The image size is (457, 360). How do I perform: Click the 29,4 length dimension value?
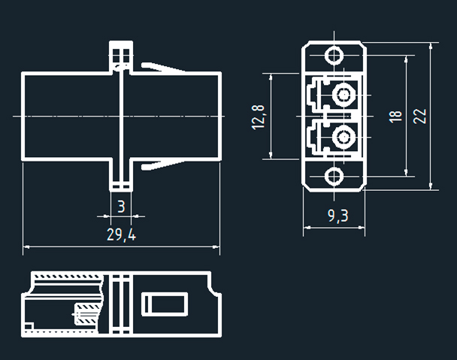pos(121,234)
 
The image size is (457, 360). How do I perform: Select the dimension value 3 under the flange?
pos(121,205)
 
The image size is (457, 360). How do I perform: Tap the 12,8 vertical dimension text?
pos(259,116)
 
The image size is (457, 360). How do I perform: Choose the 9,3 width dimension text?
pos(338,216)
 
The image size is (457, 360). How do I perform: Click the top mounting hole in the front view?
pos(334,56)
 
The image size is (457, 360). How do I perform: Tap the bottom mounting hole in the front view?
pos(334,177)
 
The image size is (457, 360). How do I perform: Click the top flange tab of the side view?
pos(121,54)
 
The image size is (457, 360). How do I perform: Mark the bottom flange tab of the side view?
pos(121,177)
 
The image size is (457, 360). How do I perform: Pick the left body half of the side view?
pos(68,116)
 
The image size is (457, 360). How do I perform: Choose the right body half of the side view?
pos(177,116)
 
